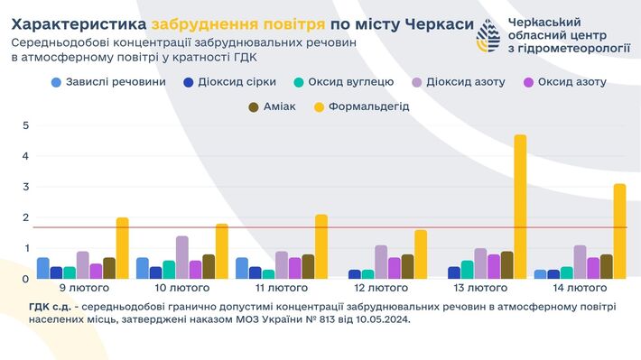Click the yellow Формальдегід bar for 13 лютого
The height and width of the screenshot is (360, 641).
coord(519,207)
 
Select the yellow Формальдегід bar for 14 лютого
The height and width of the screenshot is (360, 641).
coord(619,231)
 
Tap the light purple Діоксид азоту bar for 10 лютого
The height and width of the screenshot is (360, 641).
coord(181,257)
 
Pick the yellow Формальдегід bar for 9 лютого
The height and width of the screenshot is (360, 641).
coord(122,248)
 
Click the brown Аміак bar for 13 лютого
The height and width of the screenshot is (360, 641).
coord(506,265)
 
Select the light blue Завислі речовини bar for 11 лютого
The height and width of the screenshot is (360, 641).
coord(241,268)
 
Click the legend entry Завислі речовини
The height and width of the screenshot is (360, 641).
coord(108,82)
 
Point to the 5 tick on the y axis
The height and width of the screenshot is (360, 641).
coord(25,125)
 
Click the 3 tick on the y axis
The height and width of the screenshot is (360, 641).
coord(25,187)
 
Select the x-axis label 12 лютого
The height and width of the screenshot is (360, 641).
coord(381,289)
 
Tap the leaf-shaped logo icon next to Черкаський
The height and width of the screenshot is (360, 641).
coord(488,35)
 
